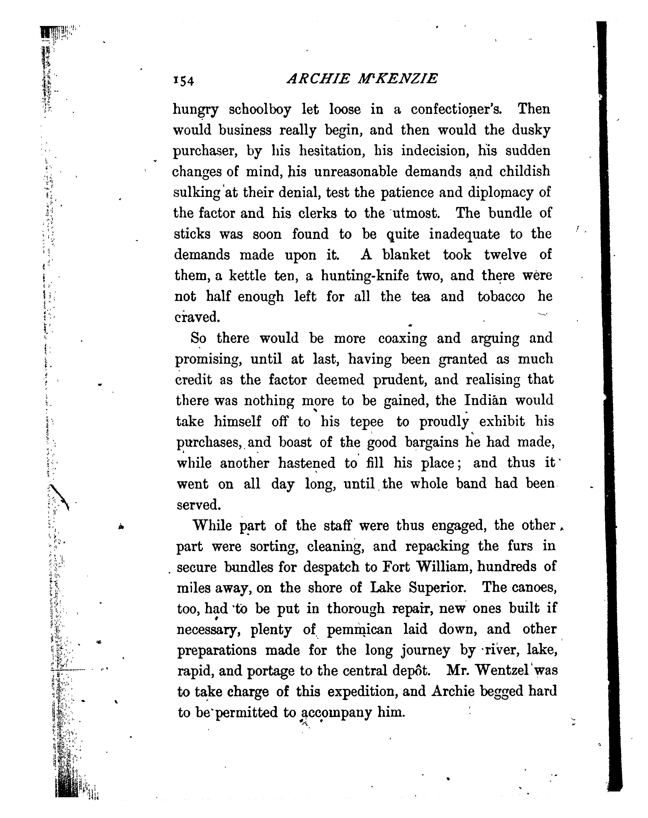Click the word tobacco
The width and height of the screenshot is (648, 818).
[x=501, y=296]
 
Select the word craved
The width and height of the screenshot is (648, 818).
[x=197, y=317]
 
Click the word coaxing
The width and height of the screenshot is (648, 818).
[x=402, y=338]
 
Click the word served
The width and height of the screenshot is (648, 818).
[x=198, y=505]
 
